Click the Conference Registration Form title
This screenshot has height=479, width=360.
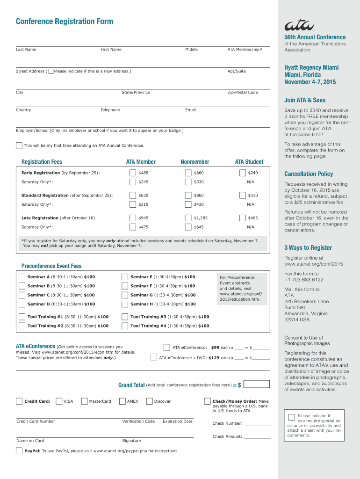(65, 22)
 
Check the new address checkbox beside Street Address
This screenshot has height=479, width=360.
(50, 71)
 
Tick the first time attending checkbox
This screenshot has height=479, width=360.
(19, 145)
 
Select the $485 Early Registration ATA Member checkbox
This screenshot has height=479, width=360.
(133, 173)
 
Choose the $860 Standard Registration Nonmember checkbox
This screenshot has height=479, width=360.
(188, 196)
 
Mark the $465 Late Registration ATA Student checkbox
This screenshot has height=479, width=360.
(242, 218)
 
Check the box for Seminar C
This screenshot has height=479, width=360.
(22, 295)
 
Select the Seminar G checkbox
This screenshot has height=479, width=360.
(125, 295)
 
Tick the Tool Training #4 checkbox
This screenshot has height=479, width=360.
(125, 326)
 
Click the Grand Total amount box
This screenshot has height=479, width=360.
(257, 385)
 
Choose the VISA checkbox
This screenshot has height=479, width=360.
(59, 401)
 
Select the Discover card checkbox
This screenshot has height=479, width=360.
(150, 401)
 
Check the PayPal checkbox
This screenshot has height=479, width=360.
(19, 451)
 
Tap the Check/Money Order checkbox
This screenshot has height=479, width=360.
(208, 401)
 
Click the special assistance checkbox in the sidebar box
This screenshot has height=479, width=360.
(291, 417)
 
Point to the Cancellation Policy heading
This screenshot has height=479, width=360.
(309, 174)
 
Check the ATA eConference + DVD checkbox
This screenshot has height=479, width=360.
(154, 357)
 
